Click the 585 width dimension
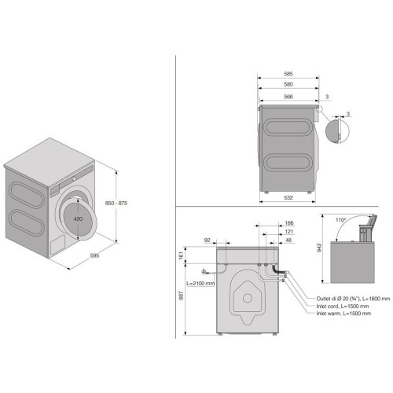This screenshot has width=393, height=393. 288,74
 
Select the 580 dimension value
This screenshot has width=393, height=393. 288,84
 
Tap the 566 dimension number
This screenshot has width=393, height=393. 288,97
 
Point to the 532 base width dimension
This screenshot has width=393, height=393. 288,197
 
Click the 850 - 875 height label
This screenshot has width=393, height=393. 116,203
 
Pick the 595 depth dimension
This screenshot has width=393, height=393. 94,255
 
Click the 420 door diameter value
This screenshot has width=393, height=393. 78,219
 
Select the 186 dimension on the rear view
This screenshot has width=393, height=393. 289,223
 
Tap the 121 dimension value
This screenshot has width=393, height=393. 289,232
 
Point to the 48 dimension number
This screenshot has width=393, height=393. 288,240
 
